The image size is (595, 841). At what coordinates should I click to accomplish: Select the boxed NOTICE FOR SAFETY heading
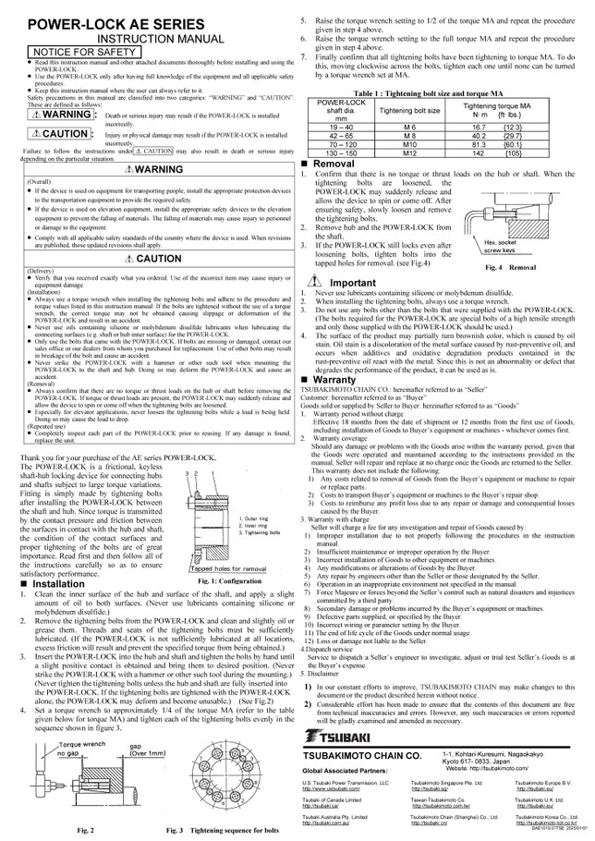[x=76, y=53]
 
